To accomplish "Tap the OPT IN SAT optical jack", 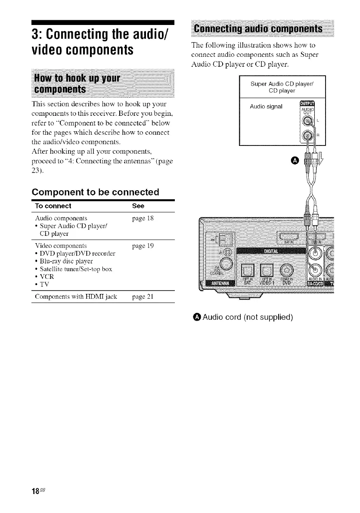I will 248,271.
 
